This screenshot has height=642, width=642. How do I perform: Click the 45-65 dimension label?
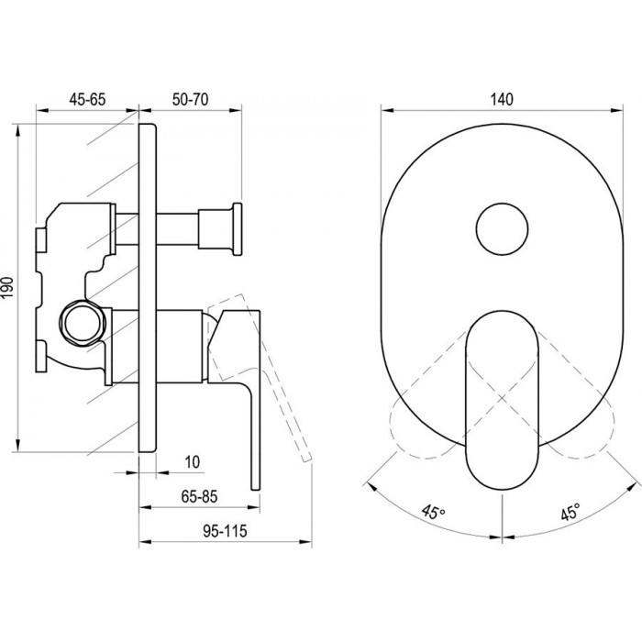tap(87, 99)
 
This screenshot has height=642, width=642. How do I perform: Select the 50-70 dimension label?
tap(190, 99)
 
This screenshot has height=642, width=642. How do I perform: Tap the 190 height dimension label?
tap(7, 287)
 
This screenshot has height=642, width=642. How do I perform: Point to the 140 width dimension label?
tap(502, 99)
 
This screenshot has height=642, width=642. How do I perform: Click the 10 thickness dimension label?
tap(193, 462)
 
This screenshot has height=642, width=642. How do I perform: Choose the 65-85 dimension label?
tap(199, 497)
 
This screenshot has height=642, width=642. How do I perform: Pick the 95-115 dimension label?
tap(226, 531)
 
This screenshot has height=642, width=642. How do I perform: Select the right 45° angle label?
tap(570, 512)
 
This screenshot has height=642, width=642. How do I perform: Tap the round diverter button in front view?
tap(502, 229)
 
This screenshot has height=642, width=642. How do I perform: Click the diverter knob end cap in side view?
tap(237, 229)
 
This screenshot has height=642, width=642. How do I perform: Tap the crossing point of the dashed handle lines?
tap(502, 397)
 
